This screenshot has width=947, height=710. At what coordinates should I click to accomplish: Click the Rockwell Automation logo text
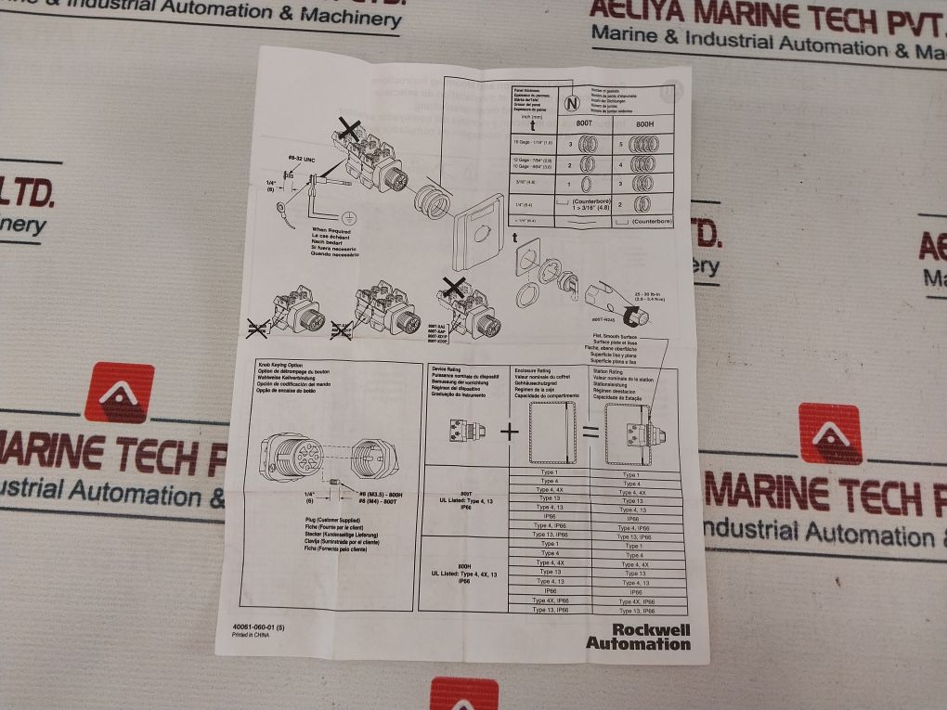pyautogui.click(x=638, y=636)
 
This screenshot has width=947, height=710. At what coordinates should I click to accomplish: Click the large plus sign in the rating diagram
pyautogui.click(x=509, y=432)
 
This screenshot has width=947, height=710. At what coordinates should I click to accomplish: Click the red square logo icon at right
pyautogui.click(x=829, y=433)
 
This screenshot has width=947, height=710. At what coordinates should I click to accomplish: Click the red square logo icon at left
pyautogui.click(x=119, y=392)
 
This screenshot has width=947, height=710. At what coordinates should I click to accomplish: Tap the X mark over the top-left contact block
pyautogui.click(x=349, y=129)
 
